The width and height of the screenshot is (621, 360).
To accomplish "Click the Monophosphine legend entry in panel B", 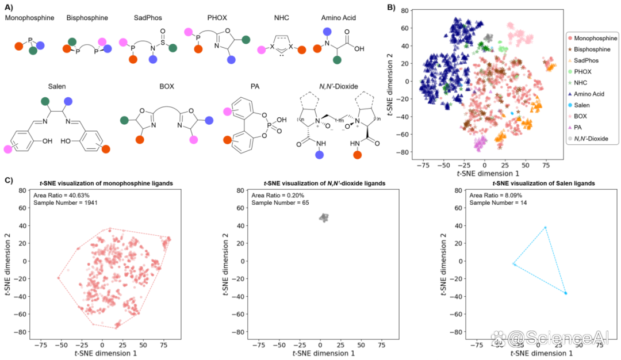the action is tap(592, 39).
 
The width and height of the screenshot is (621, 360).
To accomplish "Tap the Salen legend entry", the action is tap(578, 105).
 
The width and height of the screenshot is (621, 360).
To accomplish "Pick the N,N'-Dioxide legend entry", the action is tap(588, 139).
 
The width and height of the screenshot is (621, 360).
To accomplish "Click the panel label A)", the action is tap(9, 7).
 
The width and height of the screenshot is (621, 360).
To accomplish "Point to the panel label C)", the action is tap(9, 180).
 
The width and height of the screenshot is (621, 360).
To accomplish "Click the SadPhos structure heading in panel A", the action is tap(148, 18).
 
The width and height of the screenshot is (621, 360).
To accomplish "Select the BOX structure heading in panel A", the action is tap(167, 86).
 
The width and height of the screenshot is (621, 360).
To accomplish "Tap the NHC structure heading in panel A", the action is tap(282, 18).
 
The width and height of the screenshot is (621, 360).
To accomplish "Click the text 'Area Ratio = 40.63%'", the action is tap(62, 196).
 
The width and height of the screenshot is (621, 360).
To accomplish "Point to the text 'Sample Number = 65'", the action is tap(280, 202).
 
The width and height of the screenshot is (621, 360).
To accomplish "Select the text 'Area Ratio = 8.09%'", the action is tap(496, 196).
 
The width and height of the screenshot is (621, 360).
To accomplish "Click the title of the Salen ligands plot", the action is tap(544, 183).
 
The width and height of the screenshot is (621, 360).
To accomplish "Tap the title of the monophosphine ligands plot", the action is tap(106, 183).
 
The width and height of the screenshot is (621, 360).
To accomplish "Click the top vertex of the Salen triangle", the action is tap(545, 227).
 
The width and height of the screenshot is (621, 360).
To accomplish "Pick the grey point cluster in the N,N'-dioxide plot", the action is tap(324, 217).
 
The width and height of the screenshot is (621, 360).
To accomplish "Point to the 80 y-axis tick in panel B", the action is tap(404, 10).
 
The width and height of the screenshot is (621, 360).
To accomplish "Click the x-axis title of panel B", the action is tap(488, 174).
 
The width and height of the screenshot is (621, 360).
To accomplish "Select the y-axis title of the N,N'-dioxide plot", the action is tap(226, 264).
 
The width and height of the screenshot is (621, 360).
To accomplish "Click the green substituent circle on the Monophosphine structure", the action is tap(33, 50).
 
